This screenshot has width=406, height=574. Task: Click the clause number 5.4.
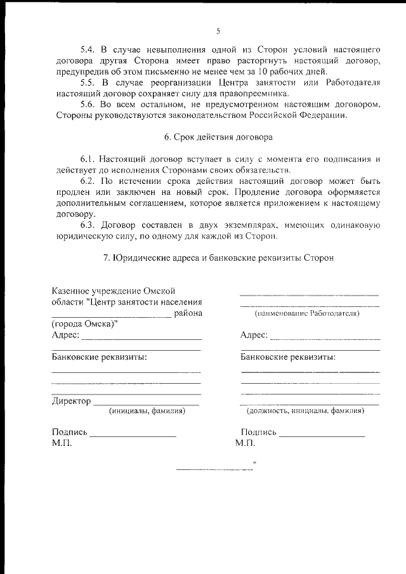(88, 49)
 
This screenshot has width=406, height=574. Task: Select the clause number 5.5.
(88, 82)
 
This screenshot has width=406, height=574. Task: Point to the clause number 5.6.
(88, 104)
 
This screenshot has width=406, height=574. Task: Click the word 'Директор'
(71, 401)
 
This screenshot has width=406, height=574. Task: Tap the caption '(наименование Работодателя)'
(306, 313)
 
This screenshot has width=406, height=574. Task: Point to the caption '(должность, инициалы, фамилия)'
(305, 411)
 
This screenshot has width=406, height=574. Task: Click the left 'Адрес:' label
(65, 335)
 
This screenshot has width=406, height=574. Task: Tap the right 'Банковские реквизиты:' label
(288, 356)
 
